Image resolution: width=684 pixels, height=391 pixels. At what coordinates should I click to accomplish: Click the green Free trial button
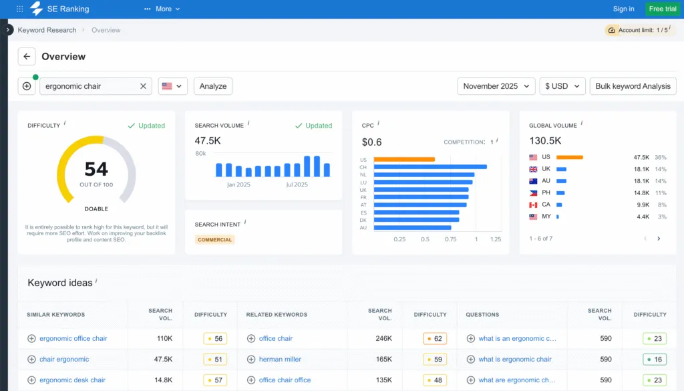click(x=662, y=9)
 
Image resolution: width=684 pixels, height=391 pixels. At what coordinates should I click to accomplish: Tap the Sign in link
click(x=623, y=9)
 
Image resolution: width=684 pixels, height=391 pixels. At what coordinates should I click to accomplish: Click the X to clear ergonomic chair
click(x=143, y=86)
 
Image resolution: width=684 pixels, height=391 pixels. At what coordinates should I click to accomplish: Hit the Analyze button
click(x=213, y=86)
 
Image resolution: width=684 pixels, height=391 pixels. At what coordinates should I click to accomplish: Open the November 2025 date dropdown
click(x=496, y=86)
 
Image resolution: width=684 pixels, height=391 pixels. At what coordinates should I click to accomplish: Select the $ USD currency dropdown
click(x=562, y=86)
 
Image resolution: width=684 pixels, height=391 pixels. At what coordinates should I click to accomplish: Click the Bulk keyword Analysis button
click(x=633, y=86)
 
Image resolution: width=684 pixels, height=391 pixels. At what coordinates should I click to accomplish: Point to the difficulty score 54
click(x=96, y=168)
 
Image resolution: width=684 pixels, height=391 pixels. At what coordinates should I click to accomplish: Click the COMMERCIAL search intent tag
click(x=215, y=239)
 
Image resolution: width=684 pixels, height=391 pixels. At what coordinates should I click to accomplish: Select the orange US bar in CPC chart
click(x=404, y=160)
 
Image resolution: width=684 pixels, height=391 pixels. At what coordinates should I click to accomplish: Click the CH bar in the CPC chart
click(x=430, y=167)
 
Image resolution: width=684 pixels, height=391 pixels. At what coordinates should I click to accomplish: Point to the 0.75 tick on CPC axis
click(x=451, y=239)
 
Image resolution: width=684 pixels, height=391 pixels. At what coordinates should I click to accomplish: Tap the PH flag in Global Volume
click(x=533, y=193)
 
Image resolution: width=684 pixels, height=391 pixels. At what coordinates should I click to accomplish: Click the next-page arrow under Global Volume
click(x=659, y=239)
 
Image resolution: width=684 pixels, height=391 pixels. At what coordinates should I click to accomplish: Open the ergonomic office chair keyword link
click(x=73, y=339)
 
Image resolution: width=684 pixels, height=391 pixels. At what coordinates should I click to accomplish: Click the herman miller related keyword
click(x=280, y=360)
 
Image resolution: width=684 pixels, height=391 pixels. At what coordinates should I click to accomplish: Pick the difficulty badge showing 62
click(x=435, y=339)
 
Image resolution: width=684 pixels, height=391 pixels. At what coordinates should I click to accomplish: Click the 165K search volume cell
click(x=383, y=360)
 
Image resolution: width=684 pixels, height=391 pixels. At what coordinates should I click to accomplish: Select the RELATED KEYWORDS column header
click(x=277, y=314)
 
